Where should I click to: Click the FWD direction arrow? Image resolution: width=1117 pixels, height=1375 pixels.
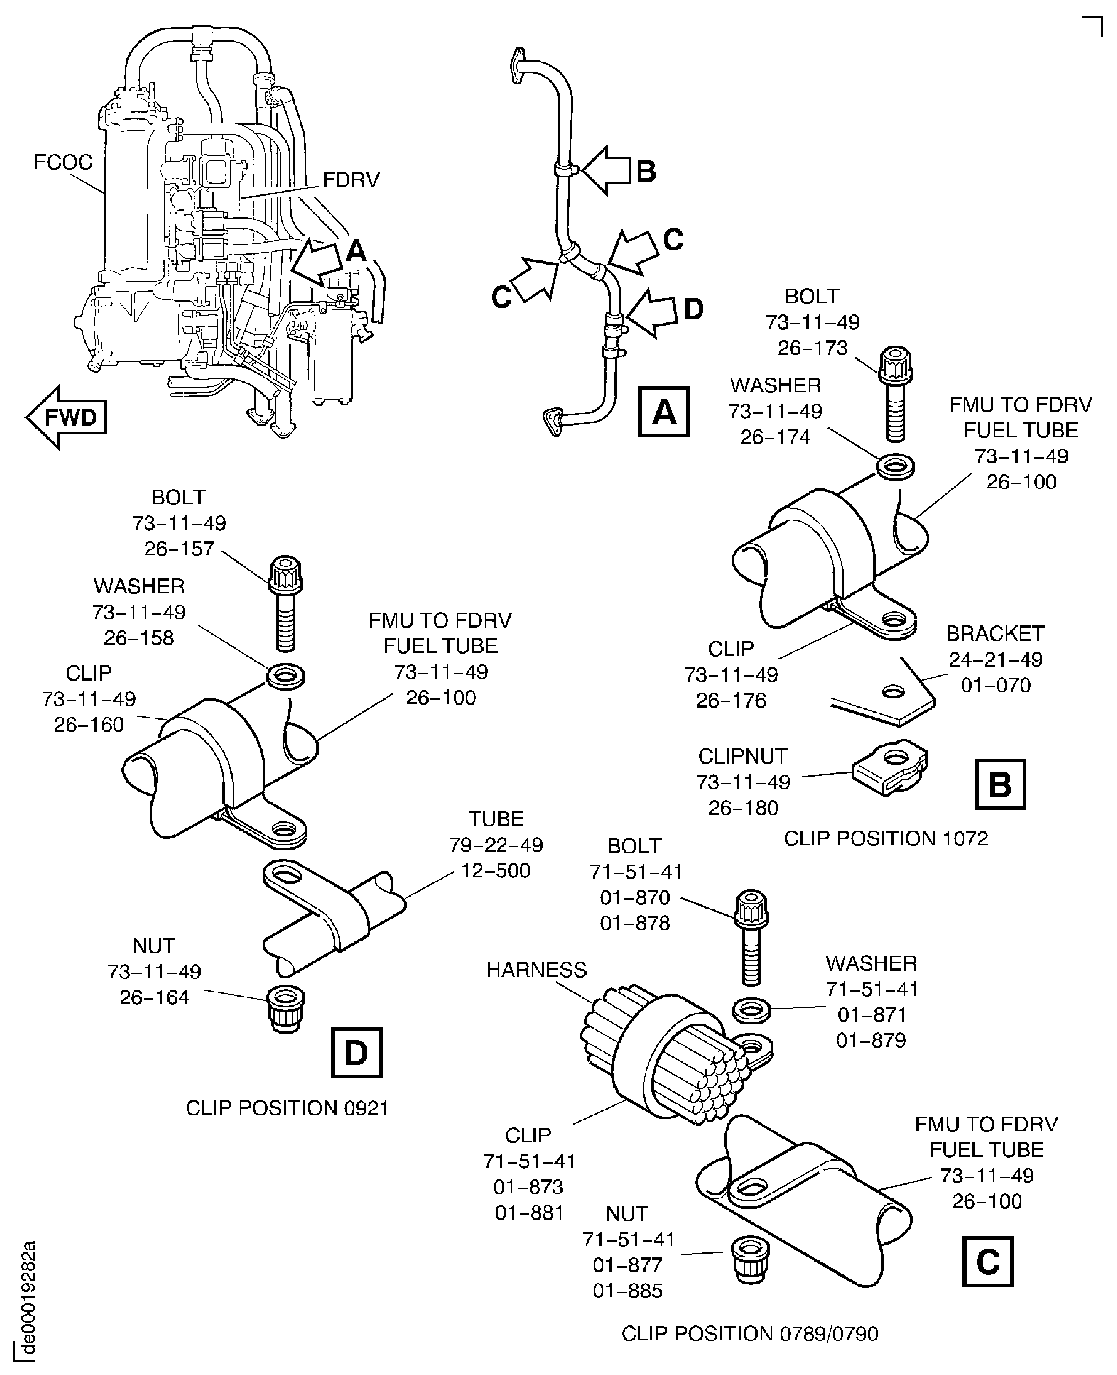pyautogui.click(x=67, y=418)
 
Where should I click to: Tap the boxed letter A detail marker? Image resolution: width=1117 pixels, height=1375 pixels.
pyautogui.click(x=663, y=412)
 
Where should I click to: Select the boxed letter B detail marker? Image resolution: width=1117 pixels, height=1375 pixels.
pyautogui.click(x=1000, y=784)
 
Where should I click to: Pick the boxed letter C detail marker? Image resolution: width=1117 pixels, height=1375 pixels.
pyautogui.click(x=987, y=1261)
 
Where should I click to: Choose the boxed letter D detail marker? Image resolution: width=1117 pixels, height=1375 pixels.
pyautogui.click(x=356, y=1052)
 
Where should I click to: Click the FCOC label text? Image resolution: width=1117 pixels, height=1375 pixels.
pyautogui.click(x=63, y=162)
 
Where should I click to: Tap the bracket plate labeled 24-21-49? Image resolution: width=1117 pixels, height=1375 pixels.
pyautogui.click(x=888, y=699)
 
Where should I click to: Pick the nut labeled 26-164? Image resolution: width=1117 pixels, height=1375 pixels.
pyautogui.click(x=286, y=1008)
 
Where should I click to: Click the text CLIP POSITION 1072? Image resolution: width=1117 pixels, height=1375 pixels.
pyautogui.click(x=885, y=839)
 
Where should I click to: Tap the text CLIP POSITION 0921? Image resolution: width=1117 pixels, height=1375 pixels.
pyautogui.click(x=287, y=1107)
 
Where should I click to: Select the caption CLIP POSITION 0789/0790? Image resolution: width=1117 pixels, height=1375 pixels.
pyautogui.click(x=750, y=1334)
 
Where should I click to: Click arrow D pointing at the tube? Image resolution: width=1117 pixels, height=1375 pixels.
pyautogui.click(x=653, y=312)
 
